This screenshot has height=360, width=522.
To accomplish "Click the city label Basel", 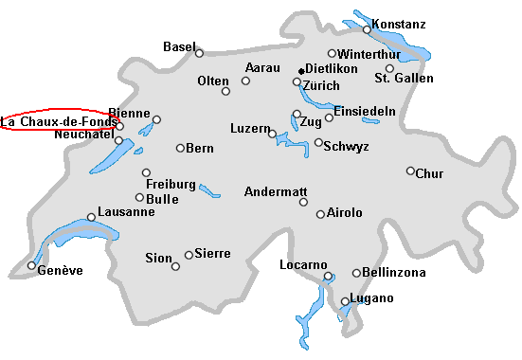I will [179, 46].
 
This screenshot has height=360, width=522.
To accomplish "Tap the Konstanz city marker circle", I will [367, 30].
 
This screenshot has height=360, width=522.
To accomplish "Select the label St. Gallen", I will [404, 78].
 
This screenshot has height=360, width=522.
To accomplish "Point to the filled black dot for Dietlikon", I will [300, 70].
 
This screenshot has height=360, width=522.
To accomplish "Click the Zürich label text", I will [321, 85].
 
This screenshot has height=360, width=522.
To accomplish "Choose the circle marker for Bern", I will [180, 148].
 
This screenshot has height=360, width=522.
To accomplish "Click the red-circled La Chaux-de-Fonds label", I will [59, 121].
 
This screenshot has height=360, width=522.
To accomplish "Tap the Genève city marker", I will [31, 265].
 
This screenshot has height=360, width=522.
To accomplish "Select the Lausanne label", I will [125, 211].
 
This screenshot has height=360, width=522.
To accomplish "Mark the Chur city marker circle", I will [410, 171].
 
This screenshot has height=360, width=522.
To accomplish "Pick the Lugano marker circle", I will [345, 302].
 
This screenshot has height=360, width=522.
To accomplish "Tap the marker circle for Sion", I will [175, 266].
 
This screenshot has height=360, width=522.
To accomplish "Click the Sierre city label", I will [212, 253].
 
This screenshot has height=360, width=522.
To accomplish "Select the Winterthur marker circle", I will [332, 54].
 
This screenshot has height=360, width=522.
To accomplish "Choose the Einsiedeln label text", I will [365, 111].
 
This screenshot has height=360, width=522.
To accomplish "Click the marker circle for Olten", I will [225, 91].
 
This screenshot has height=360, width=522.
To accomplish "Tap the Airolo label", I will [344, 213].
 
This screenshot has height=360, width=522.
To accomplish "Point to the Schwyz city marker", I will [318, 143].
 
